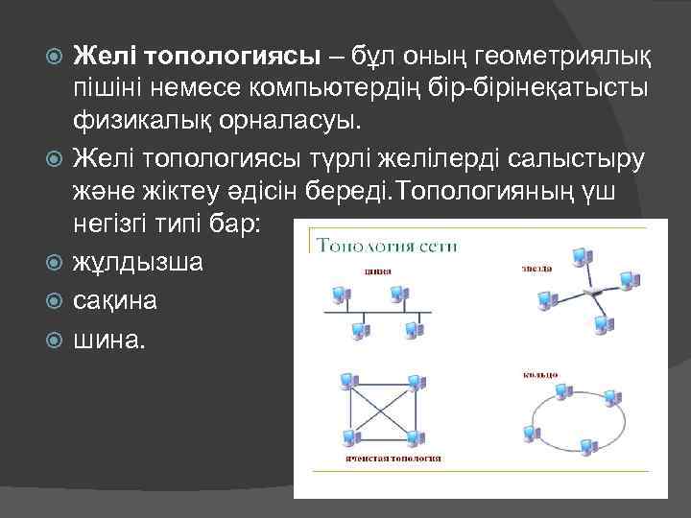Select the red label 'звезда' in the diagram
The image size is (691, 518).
coord(537,268)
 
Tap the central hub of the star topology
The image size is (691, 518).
coord(591,291)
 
